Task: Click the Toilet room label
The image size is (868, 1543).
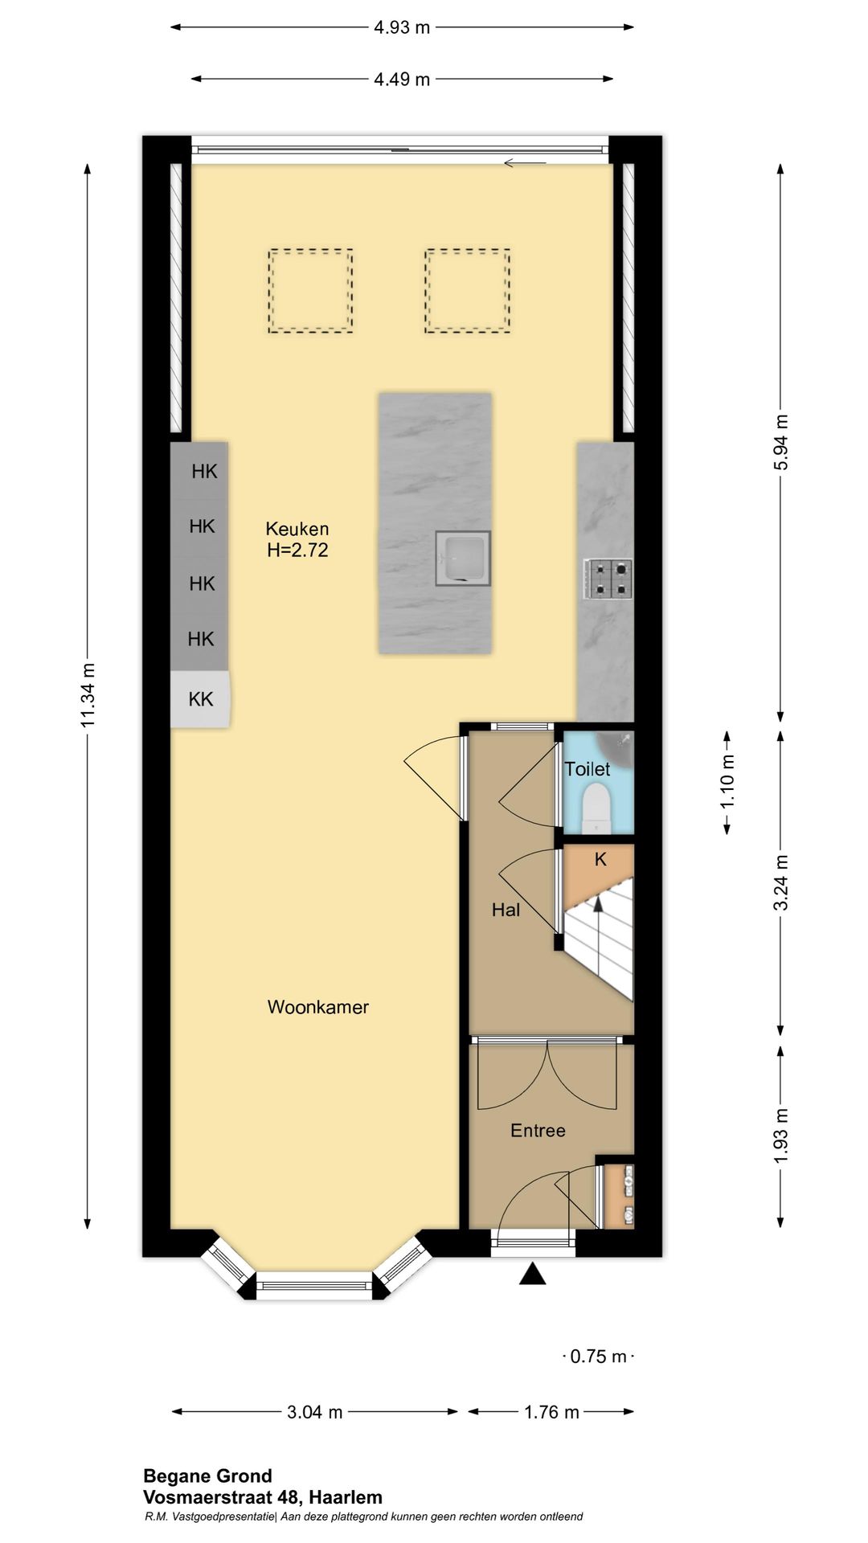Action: (x=588, y=769)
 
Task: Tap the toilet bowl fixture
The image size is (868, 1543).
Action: (x=596, y=807)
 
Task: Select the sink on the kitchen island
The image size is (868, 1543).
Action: (x=463, y=558)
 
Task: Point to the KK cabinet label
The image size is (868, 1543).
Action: (x=201, y=699)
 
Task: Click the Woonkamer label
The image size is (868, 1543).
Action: (x=318, y=1007)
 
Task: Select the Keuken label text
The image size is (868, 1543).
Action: (x=297, y=529)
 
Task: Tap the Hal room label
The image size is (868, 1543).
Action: (x=506, y=910)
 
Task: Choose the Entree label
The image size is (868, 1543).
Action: (x=538, y=1131)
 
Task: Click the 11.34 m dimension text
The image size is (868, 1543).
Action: (x=88, y=696)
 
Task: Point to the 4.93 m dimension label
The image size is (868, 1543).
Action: (x=402, y=27)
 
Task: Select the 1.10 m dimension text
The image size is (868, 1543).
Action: (x=727, y=782)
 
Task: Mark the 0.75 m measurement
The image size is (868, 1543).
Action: (x=598, y=1357)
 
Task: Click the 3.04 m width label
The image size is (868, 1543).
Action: (x=315, y=1412)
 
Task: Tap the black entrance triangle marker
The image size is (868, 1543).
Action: (x=532, y=1274)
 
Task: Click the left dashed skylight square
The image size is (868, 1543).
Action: (x=310, y=290)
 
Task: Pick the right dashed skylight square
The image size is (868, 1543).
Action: (x=468, y=290)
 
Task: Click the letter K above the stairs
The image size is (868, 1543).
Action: (x=600, y=860)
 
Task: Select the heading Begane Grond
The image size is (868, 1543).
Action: (x=207, y=1476)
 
